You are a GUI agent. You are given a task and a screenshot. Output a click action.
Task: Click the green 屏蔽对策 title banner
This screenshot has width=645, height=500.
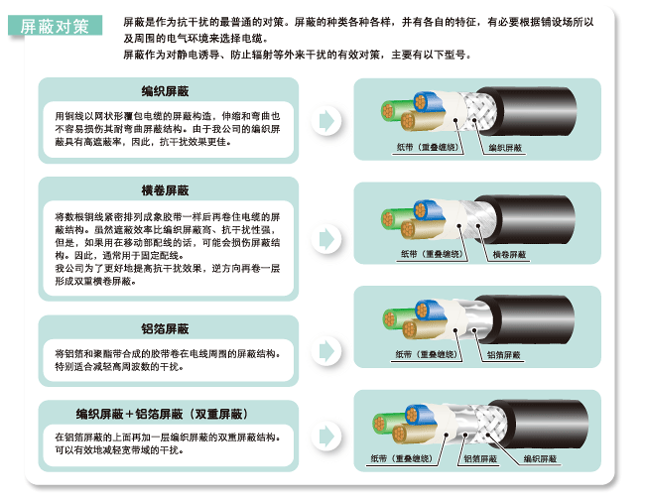tap(55, 26)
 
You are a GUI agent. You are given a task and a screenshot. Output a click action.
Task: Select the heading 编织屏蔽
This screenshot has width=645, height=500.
tap(165, 91)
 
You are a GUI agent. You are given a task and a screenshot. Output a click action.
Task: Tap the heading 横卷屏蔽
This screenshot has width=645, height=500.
tap(165, 190)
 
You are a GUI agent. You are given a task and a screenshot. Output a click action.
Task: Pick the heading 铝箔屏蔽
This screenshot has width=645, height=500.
tap(165, 329)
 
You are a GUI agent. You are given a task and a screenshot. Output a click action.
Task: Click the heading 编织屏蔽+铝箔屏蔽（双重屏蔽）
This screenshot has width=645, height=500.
tap(162, 414)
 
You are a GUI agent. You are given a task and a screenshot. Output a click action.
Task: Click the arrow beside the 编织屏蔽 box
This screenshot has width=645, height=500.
tap(326, 120)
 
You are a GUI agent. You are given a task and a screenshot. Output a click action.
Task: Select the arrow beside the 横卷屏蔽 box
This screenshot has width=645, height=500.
tap(326, 239)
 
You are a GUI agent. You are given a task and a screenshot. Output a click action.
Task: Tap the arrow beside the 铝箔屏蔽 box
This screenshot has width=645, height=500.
tap(326, 351)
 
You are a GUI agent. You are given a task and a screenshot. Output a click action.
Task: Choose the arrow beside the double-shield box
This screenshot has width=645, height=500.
tap(326, 436)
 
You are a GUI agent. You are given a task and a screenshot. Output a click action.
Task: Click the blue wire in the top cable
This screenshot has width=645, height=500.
tap(428, 103)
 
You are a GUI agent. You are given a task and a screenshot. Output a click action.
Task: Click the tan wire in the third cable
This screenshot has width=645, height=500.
tap(422, 328)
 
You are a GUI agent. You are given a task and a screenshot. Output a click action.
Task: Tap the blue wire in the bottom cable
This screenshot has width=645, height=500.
tap(420, 415)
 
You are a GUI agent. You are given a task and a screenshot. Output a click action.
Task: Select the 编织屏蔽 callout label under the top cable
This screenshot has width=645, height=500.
tap(505, 148)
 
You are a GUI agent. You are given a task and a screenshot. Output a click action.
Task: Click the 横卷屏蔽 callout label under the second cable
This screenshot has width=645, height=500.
tap(509, 255)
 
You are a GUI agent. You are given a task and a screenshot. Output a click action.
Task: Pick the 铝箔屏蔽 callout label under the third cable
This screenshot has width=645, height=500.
tap(503, 355)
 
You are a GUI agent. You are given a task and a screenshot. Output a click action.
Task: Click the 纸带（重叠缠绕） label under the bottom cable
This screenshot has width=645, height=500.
tap(401, 458)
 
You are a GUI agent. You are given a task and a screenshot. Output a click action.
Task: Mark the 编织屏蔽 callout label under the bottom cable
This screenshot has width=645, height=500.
tap(540, 458)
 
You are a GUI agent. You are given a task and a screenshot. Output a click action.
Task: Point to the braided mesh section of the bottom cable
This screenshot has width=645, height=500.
tap(491, 424)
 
